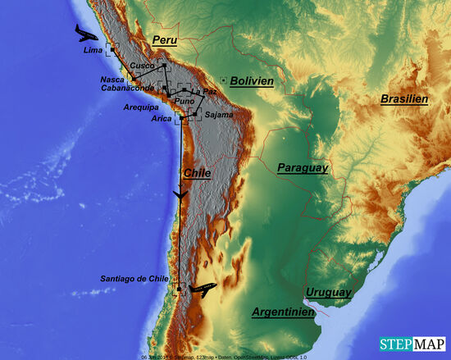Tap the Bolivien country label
(252, 81)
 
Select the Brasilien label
(404, 99)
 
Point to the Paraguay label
(303, 167)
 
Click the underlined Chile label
(197, 173)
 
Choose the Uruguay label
(328, 292)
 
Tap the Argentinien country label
(283, 312)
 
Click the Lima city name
(94, 51)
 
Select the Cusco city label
(143, 66)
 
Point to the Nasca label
(112, 80)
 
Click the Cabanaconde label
(128, 89)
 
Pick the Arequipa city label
(140, 107)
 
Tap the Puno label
(185, 101)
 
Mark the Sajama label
(219, 115)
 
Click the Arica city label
(162, 118)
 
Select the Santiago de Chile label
(134, 279)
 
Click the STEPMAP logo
(412, 344)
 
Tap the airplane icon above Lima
(85, 33)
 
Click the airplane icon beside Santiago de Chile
(202, 289)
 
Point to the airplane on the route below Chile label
(180, 194)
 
